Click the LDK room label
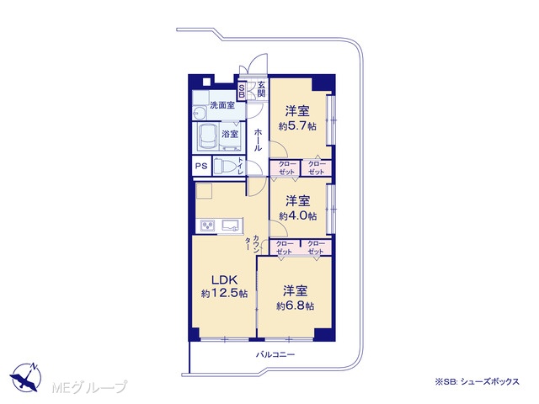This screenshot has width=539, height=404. point(225,279)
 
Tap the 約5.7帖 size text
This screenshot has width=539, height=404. point(297,126)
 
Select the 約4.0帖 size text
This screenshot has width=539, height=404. point(297,215)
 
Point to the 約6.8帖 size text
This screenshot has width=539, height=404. point(296,306)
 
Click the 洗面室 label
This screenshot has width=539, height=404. point(222,105)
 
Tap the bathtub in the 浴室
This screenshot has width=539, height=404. point(208,137)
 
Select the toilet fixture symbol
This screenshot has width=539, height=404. point(225,167)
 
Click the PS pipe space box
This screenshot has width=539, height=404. point(201,167)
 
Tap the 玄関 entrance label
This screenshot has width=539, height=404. point(261,89)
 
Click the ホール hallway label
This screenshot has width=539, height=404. point(258,140)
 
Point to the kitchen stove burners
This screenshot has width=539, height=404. point(208,226)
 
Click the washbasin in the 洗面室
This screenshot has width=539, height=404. point(198,113)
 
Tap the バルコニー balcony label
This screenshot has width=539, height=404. point(275,354)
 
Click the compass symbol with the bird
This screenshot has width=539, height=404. point(26,377)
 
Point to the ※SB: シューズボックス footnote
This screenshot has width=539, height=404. point(478,381)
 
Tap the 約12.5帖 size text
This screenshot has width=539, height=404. point(225,294)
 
